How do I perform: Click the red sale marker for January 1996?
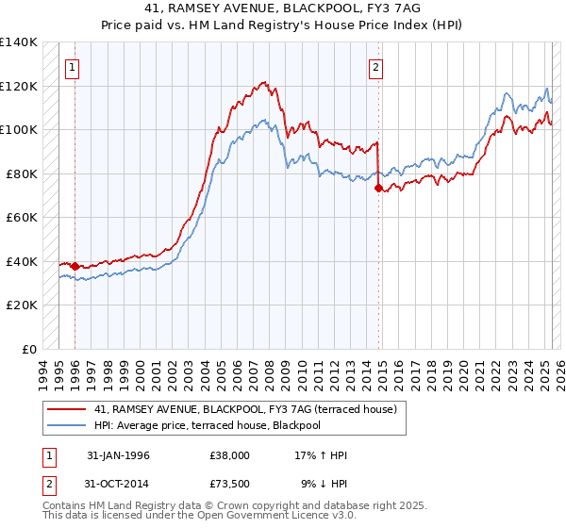(75, 266)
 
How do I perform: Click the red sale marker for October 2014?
(378, 189)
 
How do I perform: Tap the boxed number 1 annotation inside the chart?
(73, 67)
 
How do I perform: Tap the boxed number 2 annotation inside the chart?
(375, 67)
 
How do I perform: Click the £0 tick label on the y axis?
(30, 350)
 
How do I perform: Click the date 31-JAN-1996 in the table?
(118, 455)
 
